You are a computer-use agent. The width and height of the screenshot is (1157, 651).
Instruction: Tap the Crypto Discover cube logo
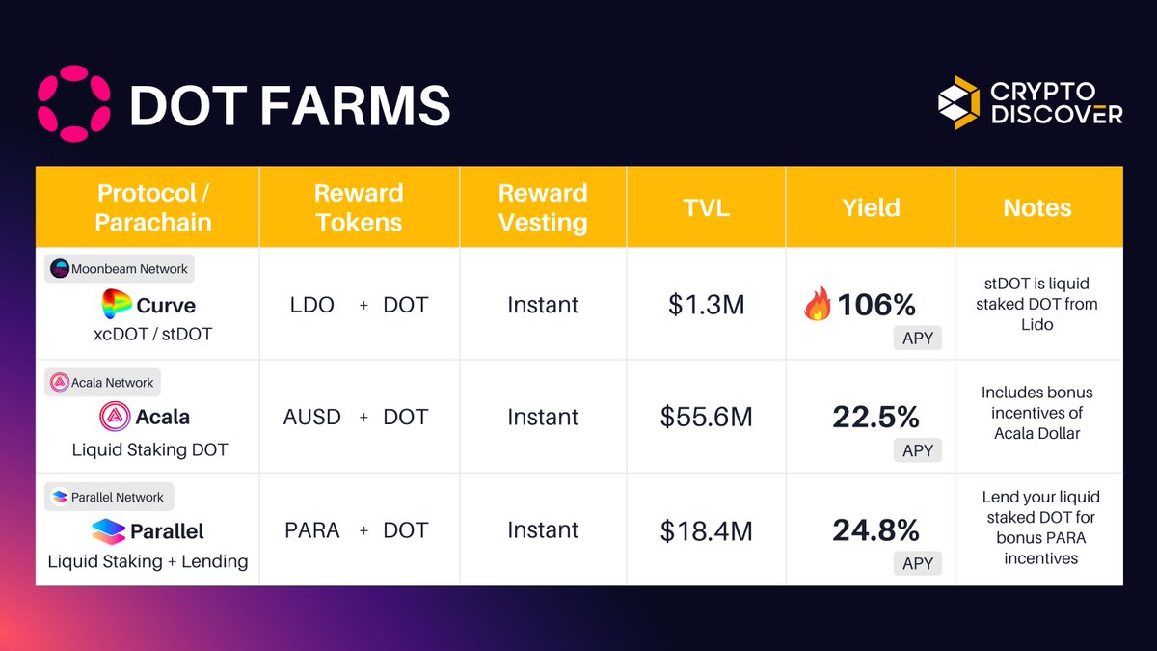point(958,103)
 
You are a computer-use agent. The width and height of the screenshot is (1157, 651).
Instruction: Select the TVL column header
point(706,207)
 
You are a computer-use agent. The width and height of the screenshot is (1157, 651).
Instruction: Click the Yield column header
point(871,207)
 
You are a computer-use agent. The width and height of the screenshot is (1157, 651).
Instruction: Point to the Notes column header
point(1037,207)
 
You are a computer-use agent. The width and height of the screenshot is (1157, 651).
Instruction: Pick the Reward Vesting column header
point(543,207)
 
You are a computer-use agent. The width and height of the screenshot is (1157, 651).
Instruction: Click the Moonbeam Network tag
point(120,269)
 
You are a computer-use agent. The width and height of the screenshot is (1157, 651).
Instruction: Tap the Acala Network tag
point(103,382)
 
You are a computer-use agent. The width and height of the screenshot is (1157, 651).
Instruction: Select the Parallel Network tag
point(108,497)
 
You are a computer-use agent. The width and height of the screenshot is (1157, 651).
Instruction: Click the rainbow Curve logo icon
point(116,305)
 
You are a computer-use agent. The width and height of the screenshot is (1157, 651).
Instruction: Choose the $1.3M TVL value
point(706,306)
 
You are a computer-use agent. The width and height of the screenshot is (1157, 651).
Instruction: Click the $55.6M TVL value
point(706,417)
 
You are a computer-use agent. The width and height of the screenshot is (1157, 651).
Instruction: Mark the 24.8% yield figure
point(875,529)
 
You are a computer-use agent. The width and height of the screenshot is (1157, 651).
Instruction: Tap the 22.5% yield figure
point(875,417)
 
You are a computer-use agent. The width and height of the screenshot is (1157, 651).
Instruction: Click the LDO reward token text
point(311,305)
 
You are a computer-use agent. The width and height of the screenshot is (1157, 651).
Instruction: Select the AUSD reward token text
point(311,417)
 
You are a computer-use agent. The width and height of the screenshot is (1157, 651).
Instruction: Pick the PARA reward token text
point(311,529)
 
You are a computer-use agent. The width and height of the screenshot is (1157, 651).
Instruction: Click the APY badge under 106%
point(917,339)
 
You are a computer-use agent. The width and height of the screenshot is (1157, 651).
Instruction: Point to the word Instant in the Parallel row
point(543,529)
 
